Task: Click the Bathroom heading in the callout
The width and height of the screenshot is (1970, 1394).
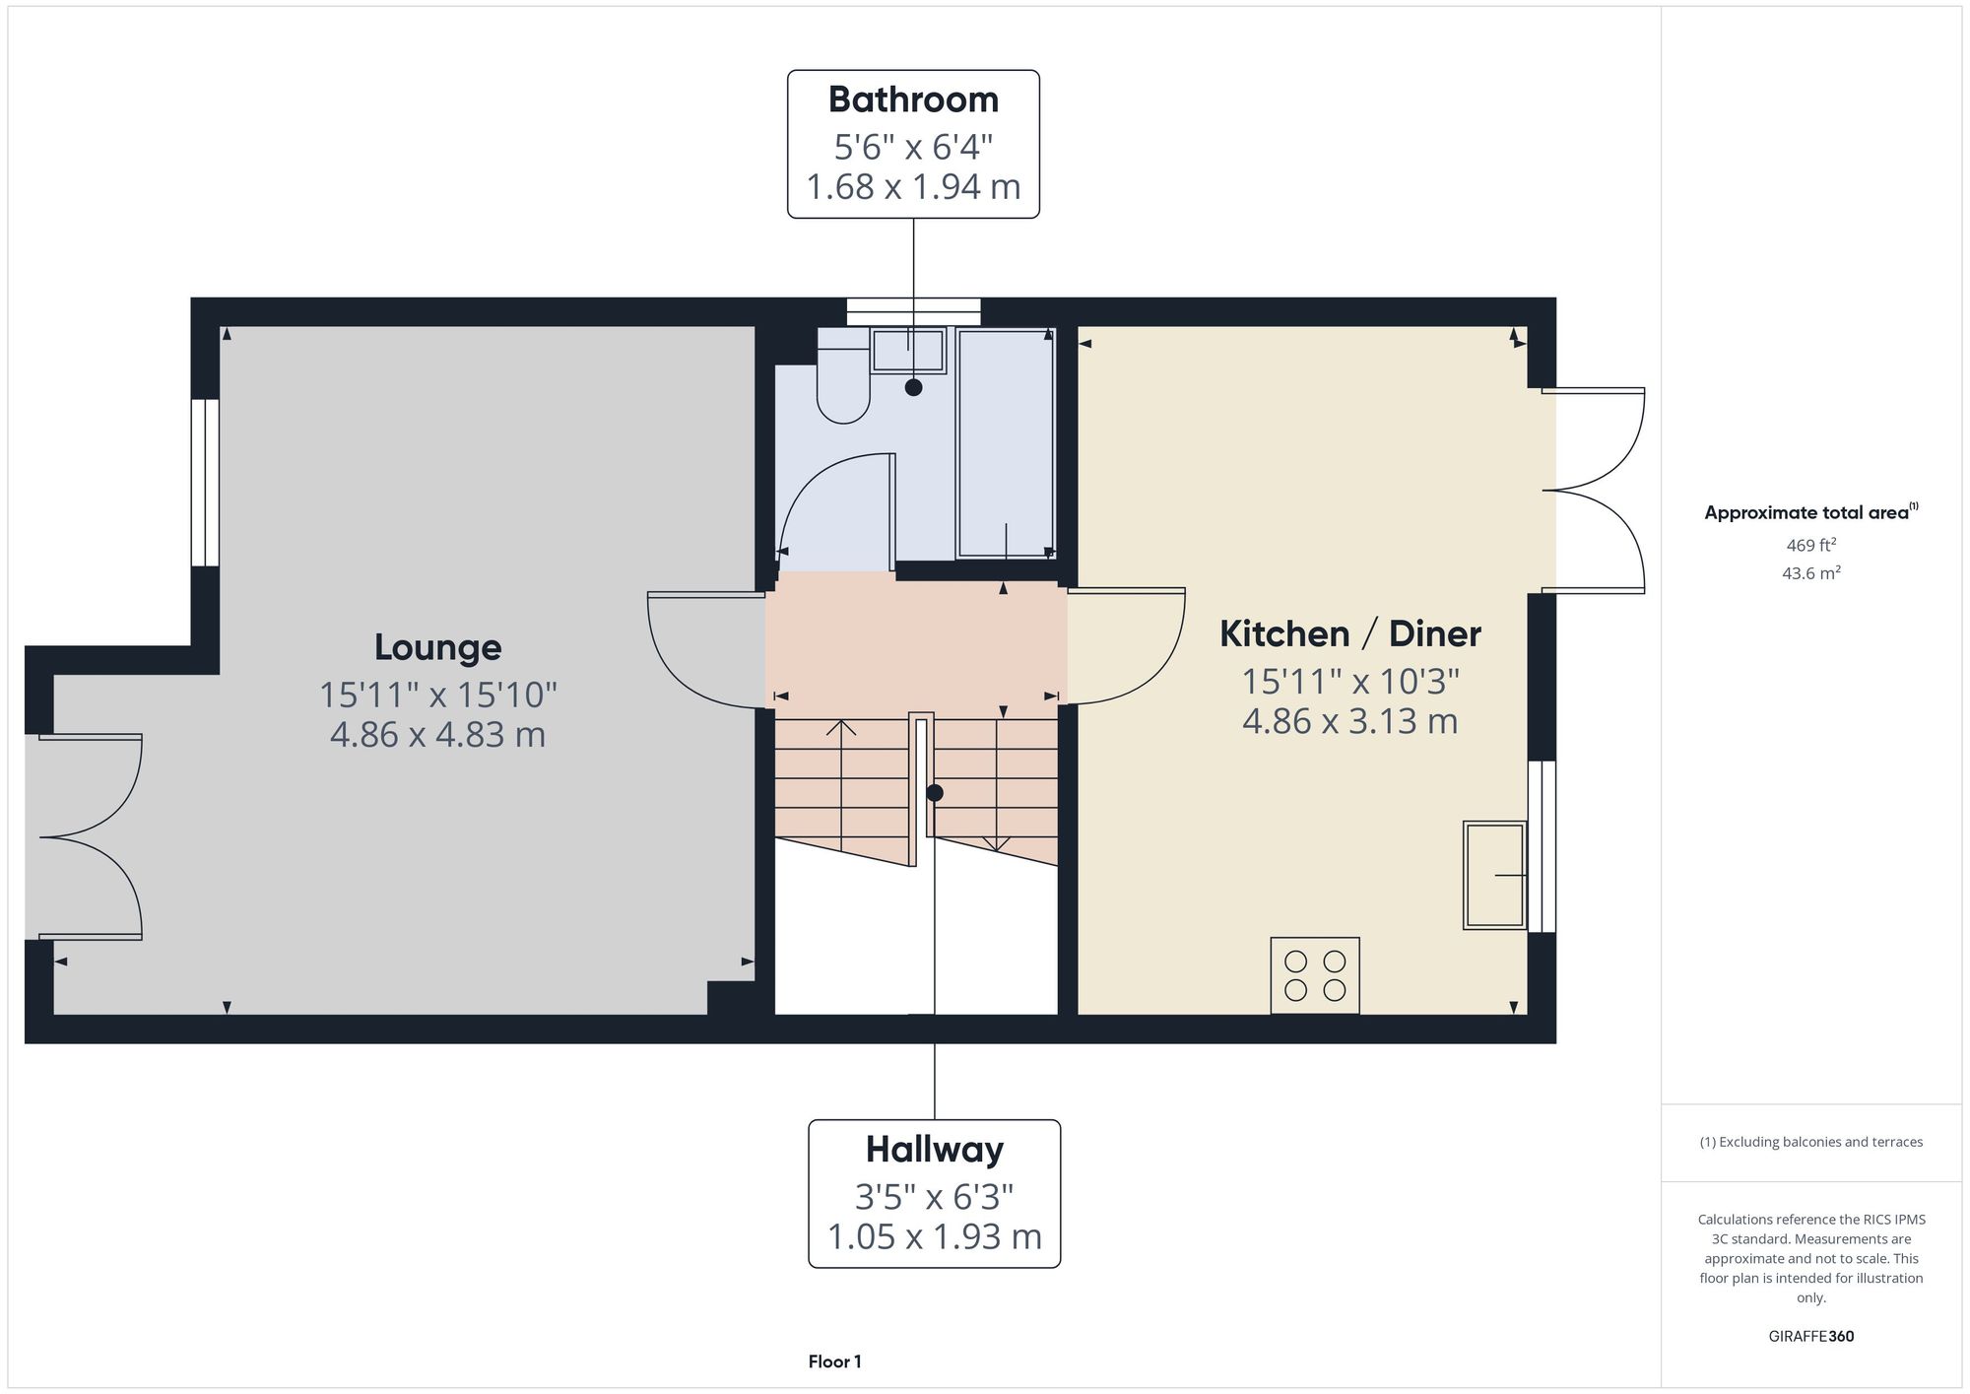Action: (913, 100)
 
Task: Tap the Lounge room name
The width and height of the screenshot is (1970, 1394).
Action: (438, 647)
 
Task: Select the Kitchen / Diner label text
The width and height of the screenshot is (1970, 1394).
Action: (1350, 633)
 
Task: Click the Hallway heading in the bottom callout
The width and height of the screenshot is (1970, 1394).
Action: (935, 1150)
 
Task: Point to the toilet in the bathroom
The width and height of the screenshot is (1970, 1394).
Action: (843, 376)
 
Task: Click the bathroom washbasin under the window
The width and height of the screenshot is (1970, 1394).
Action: (908, 351)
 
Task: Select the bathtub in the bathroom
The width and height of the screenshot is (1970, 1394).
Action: (1006, 445)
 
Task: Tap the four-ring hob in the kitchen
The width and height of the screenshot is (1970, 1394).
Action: (1315, 975)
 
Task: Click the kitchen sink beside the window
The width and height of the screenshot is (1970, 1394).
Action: (1495, 875)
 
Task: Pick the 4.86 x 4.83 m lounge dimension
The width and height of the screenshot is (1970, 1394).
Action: (437, 735)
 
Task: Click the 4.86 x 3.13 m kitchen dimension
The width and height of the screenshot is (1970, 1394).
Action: (1350, 721)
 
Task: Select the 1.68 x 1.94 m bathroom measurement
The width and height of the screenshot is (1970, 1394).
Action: (913, 186)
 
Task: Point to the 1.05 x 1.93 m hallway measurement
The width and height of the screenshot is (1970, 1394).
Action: (935, 1236)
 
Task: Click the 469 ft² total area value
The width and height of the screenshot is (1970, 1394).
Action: (1811, 545)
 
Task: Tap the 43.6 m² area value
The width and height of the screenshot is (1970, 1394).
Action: (1811, 572)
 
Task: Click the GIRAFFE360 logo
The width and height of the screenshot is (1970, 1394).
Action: (1811, 1337)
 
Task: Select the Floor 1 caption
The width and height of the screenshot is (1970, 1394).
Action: (835, 1361)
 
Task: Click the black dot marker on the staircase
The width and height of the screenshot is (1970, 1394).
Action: (935, 792)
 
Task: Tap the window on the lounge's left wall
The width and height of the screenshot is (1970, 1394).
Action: (205, 483)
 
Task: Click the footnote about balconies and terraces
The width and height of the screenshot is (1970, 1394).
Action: (1811, 1142)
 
